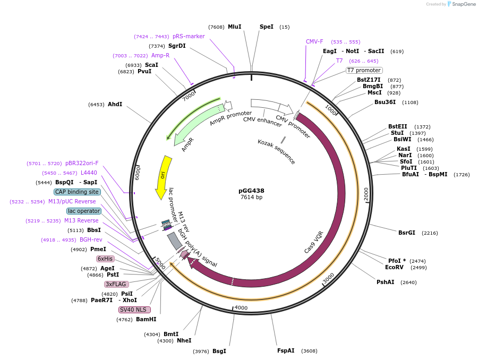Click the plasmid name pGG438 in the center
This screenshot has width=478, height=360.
click(251, 191)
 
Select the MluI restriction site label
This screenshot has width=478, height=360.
click(234, 27)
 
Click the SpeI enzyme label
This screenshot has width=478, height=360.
click(267, 27)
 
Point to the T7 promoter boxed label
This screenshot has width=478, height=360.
click(364, 70)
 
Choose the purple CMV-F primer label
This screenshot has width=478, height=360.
click(314, 41)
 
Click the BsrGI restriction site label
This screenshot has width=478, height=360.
click(407, 233)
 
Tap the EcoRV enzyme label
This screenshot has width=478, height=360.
click(395, 268)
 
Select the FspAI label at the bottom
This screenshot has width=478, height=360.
click(286, 350)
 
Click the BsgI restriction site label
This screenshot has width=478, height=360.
click(219, 351)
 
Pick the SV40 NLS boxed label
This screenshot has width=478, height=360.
click(134, 310)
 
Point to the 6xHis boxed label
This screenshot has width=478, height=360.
click(105, 259)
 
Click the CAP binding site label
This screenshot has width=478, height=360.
click(76, 192)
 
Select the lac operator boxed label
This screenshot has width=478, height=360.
click(84, 211)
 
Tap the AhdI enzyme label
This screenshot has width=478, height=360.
click(115, 104)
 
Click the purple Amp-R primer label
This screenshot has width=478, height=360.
click(160, 55)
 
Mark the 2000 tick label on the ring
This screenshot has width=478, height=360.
click(366, 194)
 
